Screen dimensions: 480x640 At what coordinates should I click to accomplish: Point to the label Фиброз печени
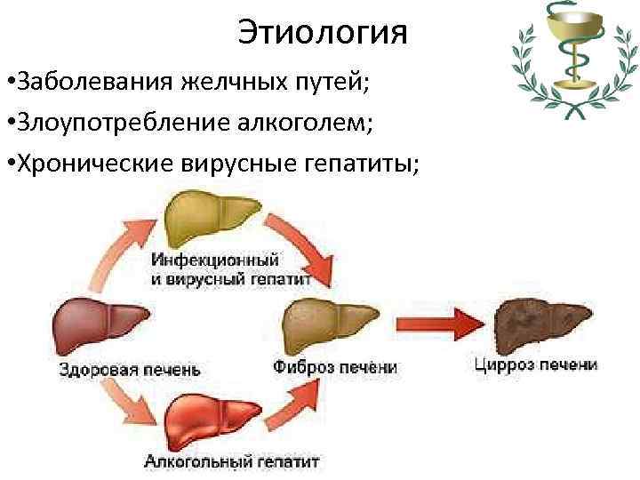335,366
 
